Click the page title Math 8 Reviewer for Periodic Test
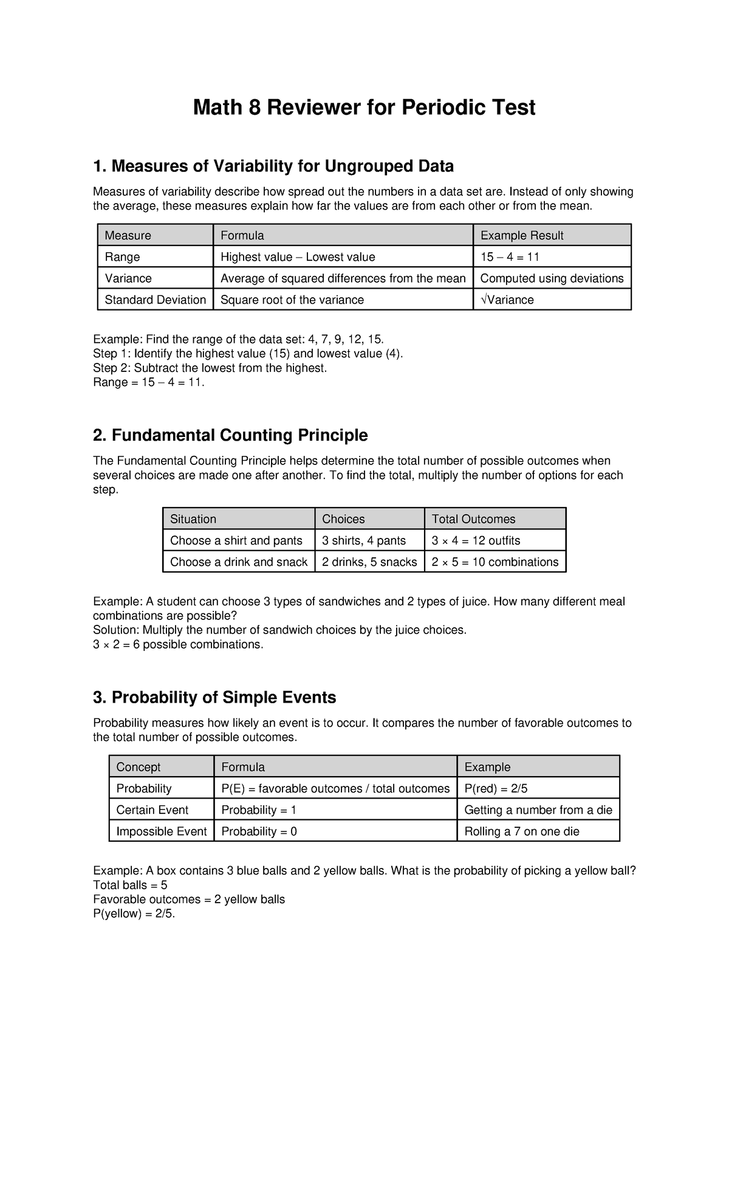(364, 108)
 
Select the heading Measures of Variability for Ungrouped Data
(273, 166)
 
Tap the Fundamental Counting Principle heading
(230, 435)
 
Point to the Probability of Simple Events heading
(214, 697)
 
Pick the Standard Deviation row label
(156, 300)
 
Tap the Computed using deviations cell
(552, 278)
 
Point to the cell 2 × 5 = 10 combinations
(495, 562)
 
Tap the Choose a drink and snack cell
(239, 562)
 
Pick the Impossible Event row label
(162, 831)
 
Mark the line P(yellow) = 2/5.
(134, 914)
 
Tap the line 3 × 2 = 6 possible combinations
(179, 644)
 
